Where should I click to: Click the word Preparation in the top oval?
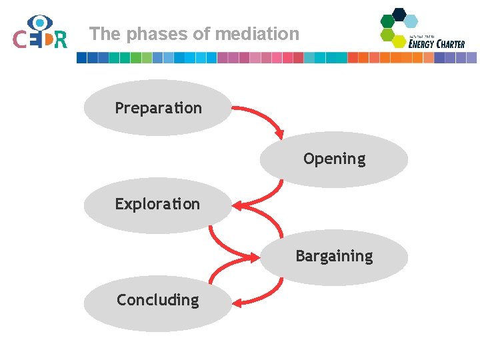[x=158, y=108]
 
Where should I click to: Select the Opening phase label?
[x=334, y=159]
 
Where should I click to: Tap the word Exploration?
[x=157, y=204]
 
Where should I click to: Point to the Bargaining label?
[x=334, y=256]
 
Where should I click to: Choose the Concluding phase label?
[x=157, y=300]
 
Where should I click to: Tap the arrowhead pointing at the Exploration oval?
[x=237, y=203]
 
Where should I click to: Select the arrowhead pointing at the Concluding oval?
[x=237, y=302]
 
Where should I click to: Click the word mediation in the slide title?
[x=265, y=33]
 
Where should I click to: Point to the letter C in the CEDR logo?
[x=20, y=40]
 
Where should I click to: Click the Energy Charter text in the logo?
[x=436, y=44]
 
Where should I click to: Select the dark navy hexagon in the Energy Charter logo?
[x=399, y=13]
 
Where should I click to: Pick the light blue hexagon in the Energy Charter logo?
[x=411, y=21]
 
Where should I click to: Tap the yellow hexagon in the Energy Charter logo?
[x=399, y=41]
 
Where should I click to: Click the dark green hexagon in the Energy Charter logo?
[x=387, y=21]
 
